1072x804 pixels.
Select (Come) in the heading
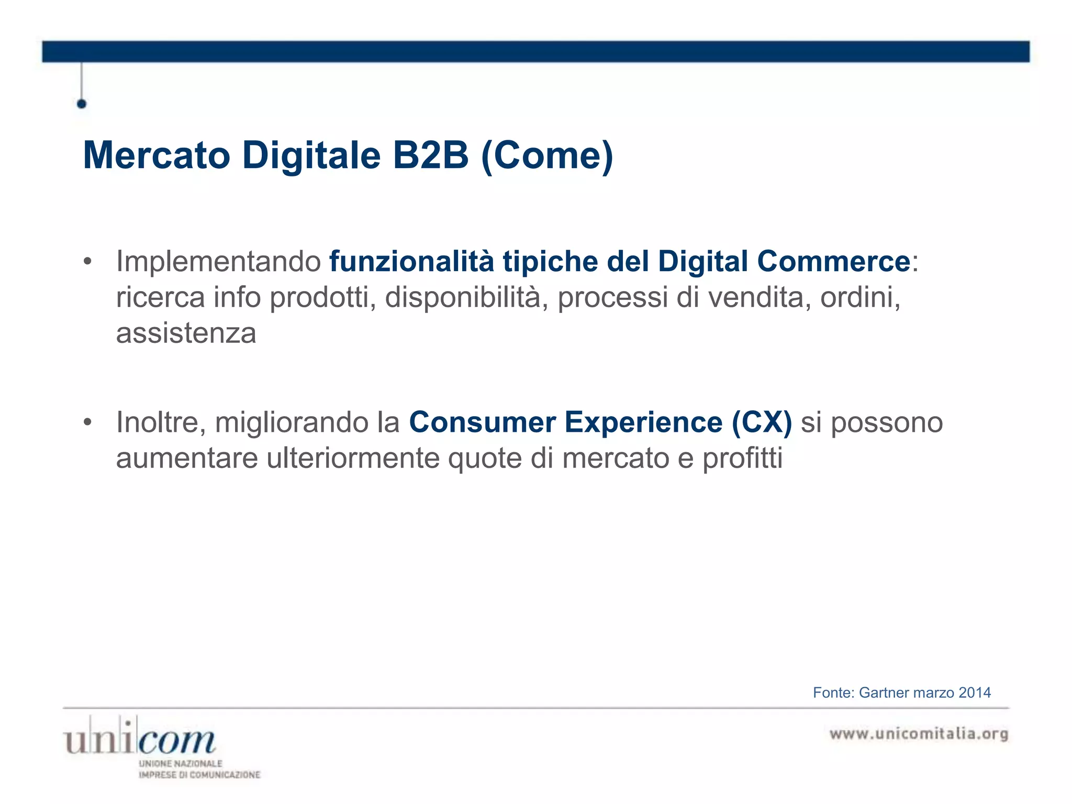[546, 156]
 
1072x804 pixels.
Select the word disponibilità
[466, 297]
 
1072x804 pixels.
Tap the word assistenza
[186, 333]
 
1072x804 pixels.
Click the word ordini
[859, 297]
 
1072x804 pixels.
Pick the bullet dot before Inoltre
[88, 422]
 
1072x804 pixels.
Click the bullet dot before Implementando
[88, 261]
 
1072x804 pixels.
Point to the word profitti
[742, 458]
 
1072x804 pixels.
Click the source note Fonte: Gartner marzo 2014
[901, 693]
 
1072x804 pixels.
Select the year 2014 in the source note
[974, 693]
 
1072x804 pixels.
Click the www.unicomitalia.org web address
[919, 734]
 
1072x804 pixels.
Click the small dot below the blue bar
[82, 104]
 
